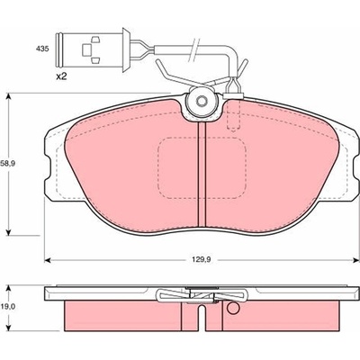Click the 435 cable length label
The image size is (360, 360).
tap(42, 49)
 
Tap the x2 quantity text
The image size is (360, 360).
tap(61, 76)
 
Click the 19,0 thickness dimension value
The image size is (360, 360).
tap(8, 307)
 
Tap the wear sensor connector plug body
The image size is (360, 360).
tap(90, 49)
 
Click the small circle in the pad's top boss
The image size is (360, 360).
tap(202, 101)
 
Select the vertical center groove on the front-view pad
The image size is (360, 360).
tap(202, 175)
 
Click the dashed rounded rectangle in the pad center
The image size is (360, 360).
tap(202, 168)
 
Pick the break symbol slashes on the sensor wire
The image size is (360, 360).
tap(193, 49)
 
